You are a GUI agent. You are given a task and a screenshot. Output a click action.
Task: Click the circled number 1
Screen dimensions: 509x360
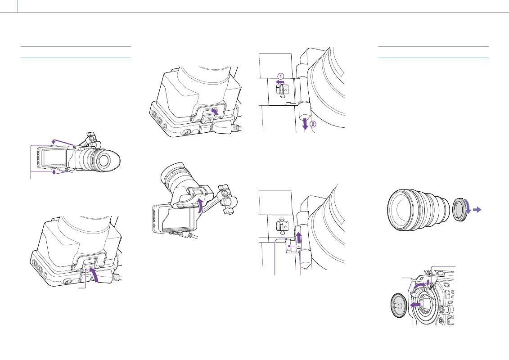(281, 76)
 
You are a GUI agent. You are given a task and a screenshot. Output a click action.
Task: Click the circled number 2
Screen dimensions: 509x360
(313, 124)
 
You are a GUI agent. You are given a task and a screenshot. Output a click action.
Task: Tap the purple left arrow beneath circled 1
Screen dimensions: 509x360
(280, 82)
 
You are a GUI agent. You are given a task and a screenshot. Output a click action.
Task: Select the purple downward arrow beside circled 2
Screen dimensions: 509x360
(305, 124)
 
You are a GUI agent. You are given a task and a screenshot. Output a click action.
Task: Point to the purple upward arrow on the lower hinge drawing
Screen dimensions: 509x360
(299, 237)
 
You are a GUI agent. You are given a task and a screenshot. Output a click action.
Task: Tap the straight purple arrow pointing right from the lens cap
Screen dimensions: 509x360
(477, 210)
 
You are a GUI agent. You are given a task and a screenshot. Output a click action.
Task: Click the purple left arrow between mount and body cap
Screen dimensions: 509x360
(416, 305)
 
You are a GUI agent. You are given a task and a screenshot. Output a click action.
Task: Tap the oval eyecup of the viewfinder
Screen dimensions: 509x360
(106, 160)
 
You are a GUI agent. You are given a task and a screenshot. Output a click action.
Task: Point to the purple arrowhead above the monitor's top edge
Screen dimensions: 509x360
(54, 141)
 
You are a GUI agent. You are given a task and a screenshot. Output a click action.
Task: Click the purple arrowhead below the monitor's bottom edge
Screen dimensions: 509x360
(54, 171)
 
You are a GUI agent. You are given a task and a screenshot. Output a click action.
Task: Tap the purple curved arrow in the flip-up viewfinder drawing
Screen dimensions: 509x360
(201, 206)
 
